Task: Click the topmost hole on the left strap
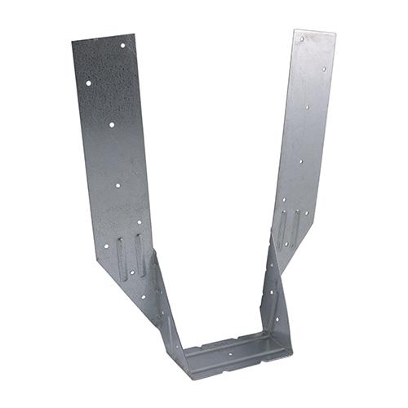(x=123, y=46)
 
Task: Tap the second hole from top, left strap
(x=88, y=82)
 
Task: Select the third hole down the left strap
(x=112, y=125)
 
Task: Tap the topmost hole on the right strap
(x=302, y=38)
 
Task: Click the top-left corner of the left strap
(x=72, y=42)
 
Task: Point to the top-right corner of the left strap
(x=133, y=34)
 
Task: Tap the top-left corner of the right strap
(x=294, y=31)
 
